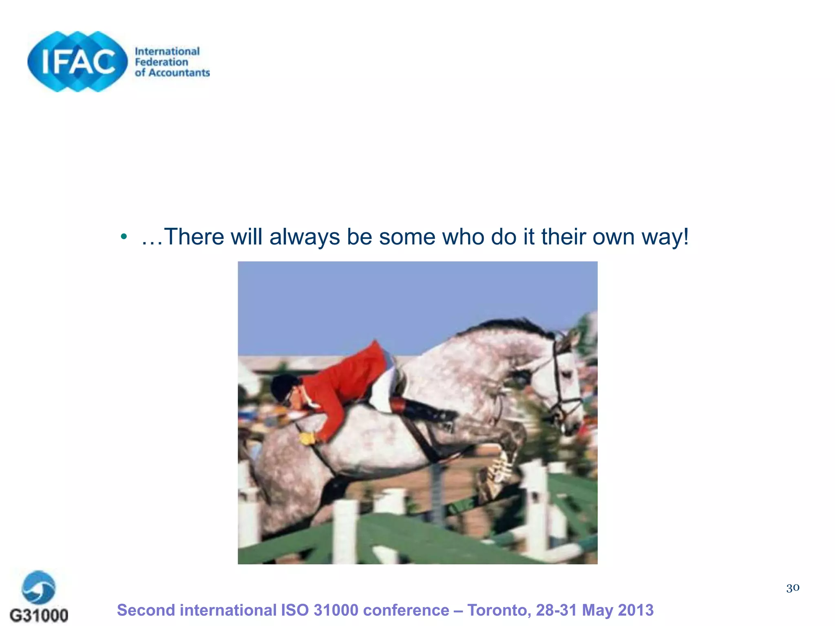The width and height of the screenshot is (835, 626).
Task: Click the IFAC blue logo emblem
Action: [x=77, y=62]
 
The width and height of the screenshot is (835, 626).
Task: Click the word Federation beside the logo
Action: [x=161, y=62]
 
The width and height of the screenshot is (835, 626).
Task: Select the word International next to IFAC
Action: [x=167, y=51]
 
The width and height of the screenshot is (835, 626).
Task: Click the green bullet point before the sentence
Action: [x=124, y=237]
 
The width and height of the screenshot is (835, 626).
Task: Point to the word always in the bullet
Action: [x=305, y=237]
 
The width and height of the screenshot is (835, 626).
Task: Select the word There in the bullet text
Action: [x=194, y=237]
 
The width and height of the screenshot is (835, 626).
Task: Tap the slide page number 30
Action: [x=793, y=588]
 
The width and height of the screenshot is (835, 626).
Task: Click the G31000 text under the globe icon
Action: [x=39, y=615]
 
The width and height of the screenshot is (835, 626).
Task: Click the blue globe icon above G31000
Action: [x=39, y=587]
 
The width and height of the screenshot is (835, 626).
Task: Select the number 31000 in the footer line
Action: [x=336, y=610]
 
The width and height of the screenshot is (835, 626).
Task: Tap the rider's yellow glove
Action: [x=307, y=438]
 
